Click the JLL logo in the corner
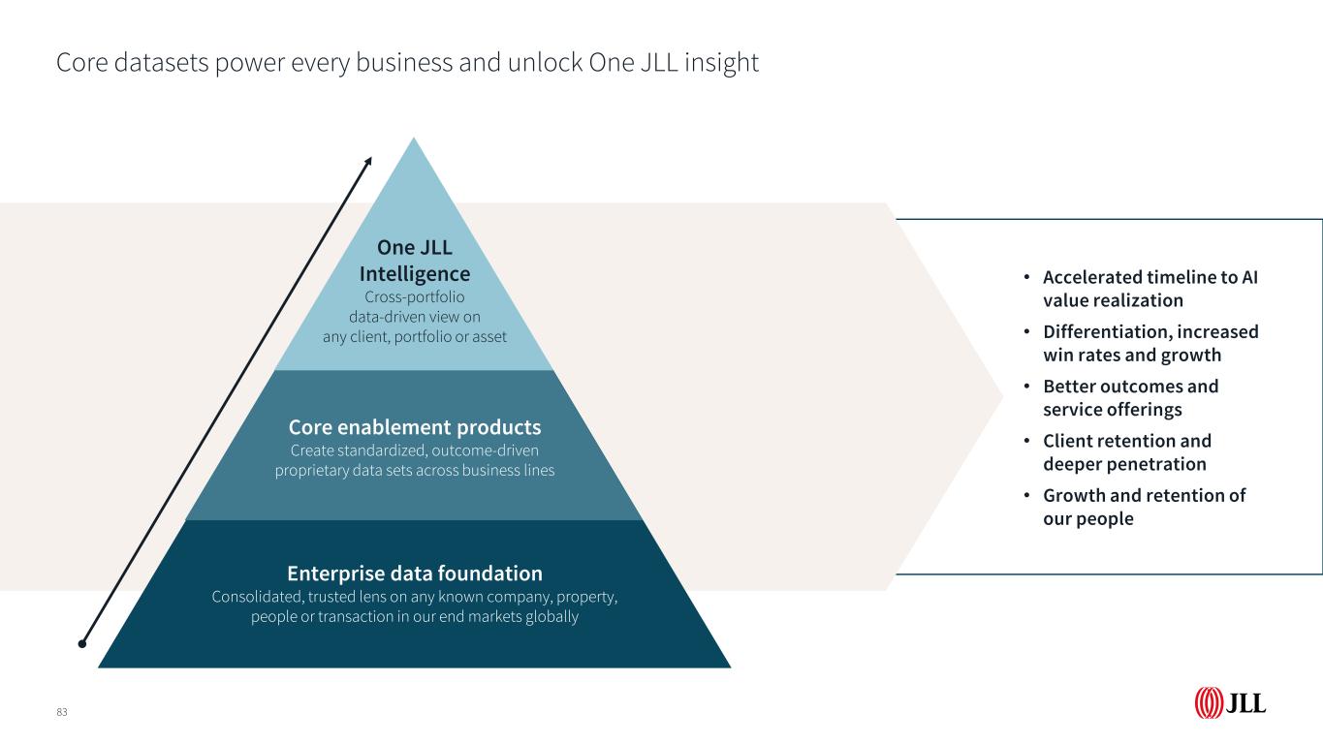click(1230, 702)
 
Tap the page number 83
click(62, 712)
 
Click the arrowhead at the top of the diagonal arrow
click(368, 162)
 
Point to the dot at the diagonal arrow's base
click(82, 643)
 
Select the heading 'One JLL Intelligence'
click(415, 261)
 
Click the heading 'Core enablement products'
click(415, 427)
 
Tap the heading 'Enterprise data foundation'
click(415, 573)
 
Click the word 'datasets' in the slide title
click(161, 62)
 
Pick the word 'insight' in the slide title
click(722, 63)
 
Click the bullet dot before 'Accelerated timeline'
click(1027, 276)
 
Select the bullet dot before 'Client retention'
click(1027, 441)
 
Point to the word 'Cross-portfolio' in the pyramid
click(415, 297)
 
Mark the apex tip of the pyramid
click(414, 139)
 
